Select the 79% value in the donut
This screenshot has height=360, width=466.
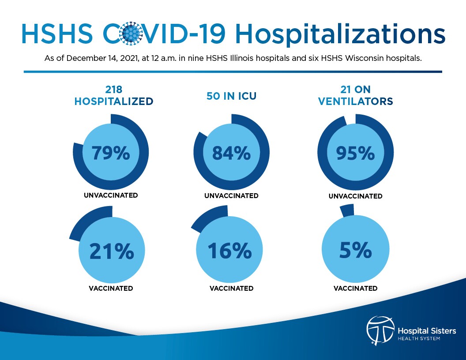[x=111, y=153]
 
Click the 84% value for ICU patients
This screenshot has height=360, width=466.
[x=232, y=153]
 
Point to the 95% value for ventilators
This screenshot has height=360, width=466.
[x=356, y=153]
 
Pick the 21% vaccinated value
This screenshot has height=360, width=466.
[x=112, y=251]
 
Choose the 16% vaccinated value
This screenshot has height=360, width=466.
[x=229, y=251]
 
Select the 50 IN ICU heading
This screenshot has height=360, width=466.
[x=231, y=96]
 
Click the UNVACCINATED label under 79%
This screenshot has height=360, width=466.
[x=111, y=195]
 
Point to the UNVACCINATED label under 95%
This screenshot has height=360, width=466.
[x=356, y=196]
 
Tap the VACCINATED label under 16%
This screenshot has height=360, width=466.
[x=231, y=288]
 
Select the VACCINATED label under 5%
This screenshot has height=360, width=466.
[x=356, y=288]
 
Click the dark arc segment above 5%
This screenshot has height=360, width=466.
[x=347, y=210]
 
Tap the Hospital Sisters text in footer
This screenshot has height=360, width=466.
[x=426, y=330]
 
